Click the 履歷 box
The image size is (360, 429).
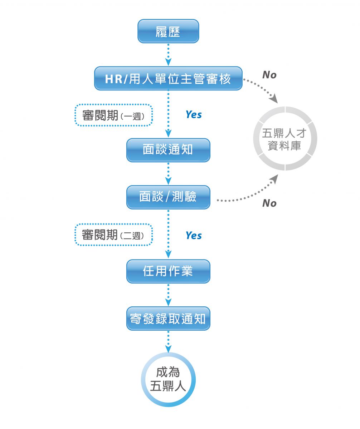[168, 31]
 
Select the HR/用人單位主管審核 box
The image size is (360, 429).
[168, 78]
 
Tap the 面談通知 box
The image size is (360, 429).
[168, 150]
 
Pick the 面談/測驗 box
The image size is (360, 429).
[168, 197]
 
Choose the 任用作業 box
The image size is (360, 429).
[168, 271]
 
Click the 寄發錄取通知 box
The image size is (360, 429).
[168, 318]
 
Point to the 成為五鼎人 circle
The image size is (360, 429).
[169, 380]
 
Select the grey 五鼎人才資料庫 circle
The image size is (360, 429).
[285, 139]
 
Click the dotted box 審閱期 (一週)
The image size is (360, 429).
[113, 115]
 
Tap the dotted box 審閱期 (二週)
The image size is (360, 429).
[113, 235]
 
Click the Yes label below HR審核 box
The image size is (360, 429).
[194, 115]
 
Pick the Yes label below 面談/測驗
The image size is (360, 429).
[194, 236]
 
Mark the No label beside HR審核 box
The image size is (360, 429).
[269, 75]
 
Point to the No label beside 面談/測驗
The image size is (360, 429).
[269, 203]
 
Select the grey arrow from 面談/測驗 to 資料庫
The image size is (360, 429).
[250, 195]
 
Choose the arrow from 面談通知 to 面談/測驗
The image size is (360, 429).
[168, 173]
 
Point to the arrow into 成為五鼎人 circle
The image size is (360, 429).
[168, 341]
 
